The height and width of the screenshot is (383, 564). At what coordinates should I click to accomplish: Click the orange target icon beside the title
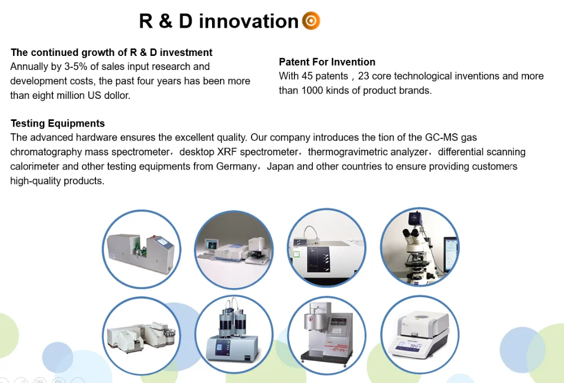pos(311,20)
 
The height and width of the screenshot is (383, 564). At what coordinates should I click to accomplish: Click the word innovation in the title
pos(249,21)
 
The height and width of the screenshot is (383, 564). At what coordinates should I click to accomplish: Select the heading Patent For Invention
pos(327,62)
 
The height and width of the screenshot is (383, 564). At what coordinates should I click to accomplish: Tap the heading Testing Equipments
pos(58,123)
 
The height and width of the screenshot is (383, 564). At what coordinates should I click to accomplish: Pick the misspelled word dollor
pos(118,95)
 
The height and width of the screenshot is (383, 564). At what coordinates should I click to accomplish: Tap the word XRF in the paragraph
pos(227,152)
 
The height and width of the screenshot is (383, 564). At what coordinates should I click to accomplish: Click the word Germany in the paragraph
pos(236,167)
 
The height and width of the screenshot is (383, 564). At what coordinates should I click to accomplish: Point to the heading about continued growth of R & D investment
pos(112,53)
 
